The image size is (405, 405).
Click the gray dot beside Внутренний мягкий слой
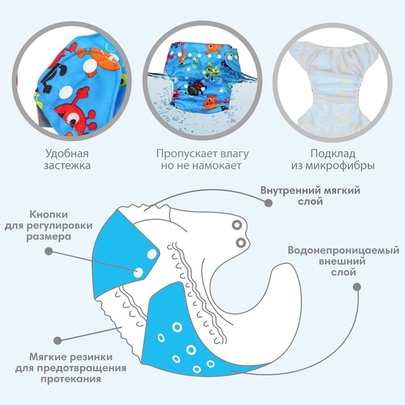[268, 203]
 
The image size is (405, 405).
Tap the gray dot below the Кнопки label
[49, 251]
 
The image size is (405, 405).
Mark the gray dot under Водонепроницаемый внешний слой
[356, 286]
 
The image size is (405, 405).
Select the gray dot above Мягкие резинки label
[57, 341]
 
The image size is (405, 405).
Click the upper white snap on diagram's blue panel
[151, 253]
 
